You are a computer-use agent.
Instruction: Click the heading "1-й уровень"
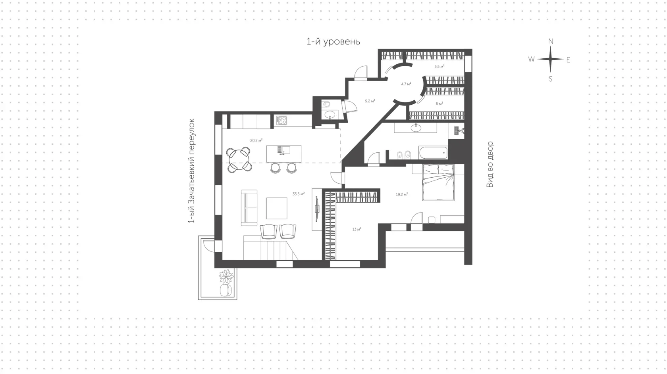(x=333, y=42)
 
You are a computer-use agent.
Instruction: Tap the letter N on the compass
(x=551, y=41)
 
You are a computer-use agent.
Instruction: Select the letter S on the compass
(x=551, y=79)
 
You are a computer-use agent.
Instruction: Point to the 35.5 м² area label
(x=299, y=194)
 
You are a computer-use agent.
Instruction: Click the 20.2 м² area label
(x=256, y=140)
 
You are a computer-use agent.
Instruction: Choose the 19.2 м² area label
(x=402, y=195)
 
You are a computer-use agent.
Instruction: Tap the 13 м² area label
(x=357, y=229)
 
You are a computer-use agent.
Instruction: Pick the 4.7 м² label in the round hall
(x=406, y=84)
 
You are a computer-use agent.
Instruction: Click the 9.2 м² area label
(x=370, y=101)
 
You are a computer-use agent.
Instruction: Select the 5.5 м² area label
(x=439, y=66)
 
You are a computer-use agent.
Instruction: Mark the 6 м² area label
(x=439, y=104)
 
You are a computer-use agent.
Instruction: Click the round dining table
(x=239, y=160)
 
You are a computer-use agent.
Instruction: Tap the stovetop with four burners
(x=281, y=120)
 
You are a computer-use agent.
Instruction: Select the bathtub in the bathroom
(x=433, y=153)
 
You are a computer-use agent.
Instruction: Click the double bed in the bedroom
(x=438, y=182)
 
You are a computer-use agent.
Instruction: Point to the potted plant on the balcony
(x=226, y=276)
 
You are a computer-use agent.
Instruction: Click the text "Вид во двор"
(x=490, y=164)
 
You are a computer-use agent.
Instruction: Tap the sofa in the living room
(x=249, y=208)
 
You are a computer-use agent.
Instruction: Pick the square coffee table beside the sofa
(x=277, y=208)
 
